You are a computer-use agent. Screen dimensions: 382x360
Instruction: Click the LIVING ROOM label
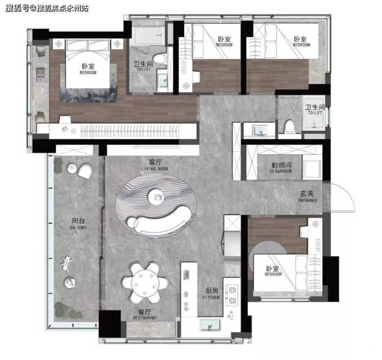(x=155, y=169)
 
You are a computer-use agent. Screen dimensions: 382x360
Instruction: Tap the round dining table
(x=146, y=283)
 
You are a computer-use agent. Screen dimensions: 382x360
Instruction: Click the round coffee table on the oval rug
(x=156, y=197)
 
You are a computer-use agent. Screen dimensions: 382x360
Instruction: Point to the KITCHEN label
(x=211, y=297)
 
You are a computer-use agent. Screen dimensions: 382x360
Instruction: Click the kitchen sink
(x=210, y=325)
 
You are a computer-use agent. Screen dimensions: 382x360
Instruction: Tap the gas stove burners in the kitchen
(x=232, y=295)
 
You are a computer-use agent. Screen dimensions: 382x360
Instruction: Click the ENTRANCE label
(x=308, y=200)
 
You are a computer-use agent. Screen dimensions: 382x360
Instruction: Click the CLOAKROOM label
(x=281, y=171)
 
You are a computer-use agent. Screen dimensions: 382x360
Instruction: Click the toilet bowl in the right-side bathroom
(x=290, y=126)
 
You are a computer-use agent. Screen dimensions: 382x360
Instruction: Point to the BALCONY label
(x=78, y=227)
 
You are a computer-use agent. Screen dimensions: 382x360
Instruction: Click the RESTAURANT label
(x=145, y=318)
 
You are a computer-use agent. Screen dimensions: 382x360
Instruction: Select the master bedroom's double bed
(x=88, y=64)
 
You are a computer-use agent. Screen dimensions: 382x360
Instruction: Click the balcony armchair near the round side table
(x=85, y=172)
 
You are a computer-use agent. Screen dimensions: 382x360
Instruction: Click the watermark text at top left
(x=47, y=8)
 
